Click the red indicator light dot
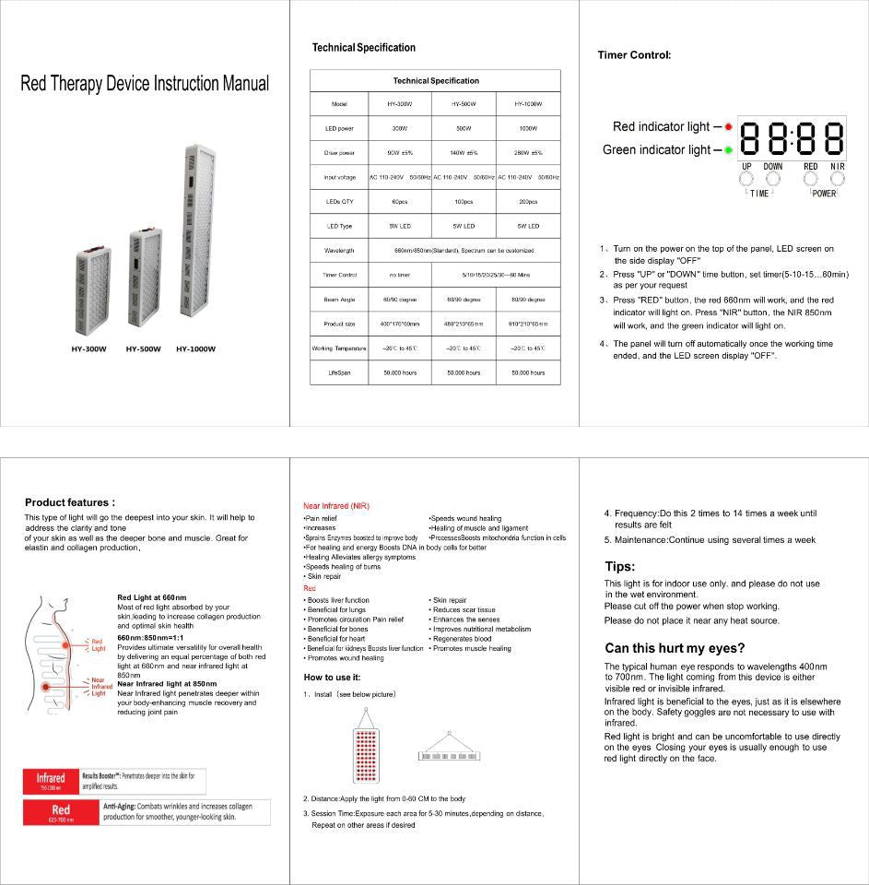click(x=728, y=126)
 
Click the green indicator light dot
click(x=728, y=149)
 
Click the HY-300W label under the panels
click(x=89, y=349)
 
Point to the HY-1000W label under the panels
click(x=195, y=349)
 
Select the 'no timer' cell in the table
click(x=399, y=275)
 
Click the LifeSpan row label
click(x=339, y=372)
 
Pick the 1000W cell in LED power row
click(x=528, y=128)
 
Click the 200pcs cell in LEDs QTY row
click(x=528, y=201)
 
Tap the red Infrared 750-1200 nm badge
click(x=51, y=782)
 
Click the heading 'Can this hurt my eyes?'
click(x=675, y=648)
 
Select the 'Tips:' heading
click(x=619, y=566)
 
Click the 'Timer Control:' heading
click(x=634, y=55)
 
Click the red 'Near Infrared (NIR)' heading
click(x=336, y=506)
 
